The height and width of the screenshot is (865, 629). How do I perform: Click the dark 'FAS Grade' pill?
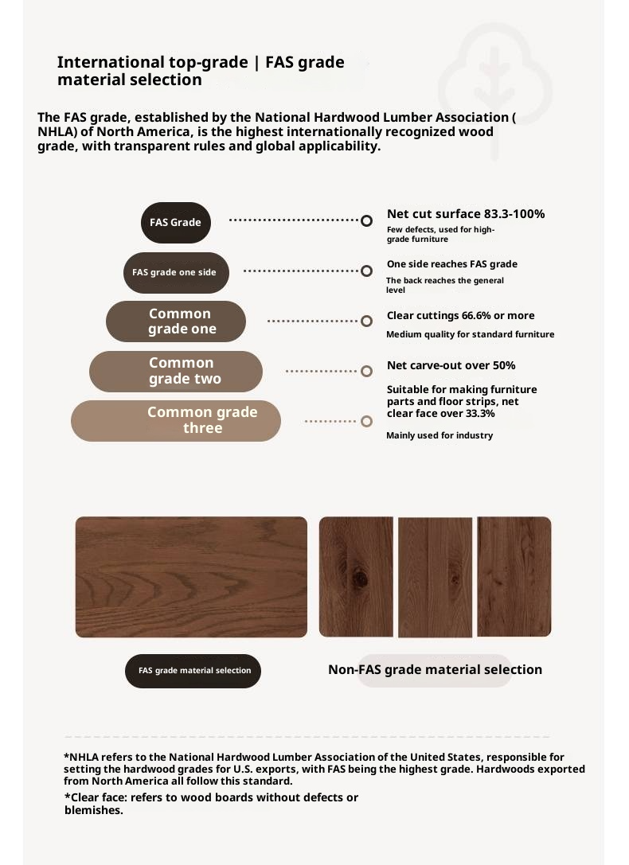175,222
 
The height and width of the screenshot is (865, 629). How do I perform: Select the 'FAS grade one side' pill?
175,272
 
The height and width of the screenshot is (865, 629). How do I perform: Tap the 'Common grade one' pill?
176,321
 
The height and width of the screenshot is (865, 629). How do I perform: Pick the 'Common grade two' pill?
176,372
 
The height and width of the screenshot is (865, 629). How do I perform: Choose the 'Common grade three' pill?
176,421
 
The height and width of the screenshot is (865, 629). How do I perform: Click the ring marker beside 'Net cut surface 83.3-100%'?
366,220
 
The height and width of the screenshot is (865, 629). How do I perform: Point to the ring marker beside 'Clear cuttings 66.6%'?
366,321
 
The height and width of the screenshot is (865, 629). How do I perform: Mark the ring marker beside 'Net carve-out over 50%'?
366,371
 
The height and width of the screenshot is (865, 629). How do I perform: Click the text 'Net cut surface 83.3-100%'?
466,214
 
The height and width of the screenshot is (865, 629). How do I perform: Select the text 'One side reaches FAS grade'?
451,264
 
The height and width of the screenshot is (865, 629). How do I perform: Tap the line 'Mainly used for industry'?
440,435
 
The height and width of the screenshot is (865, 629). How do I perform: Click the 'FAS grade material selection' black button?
193,671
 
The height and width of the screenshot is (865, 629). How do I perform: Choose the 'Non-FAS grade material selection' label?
435,670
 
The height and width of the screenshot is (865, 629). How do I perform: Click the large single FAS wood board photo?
191,577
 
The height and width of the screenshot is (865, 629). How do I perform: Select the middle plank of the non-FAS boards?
435,578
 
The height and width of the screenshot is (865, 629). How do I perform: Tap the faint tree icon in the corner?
495,88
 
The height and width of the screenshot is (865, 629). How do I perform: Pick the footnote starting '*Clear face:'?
211,804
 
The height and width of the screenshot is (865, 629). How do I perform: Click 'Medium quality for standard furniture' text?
470,334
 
